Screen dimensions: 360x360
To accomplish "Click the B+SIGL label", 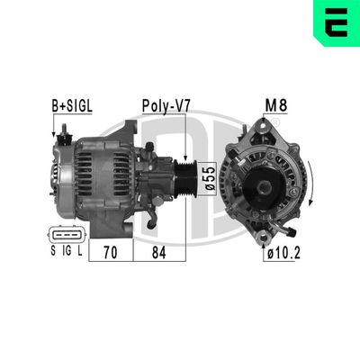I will tap(71, 106).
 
